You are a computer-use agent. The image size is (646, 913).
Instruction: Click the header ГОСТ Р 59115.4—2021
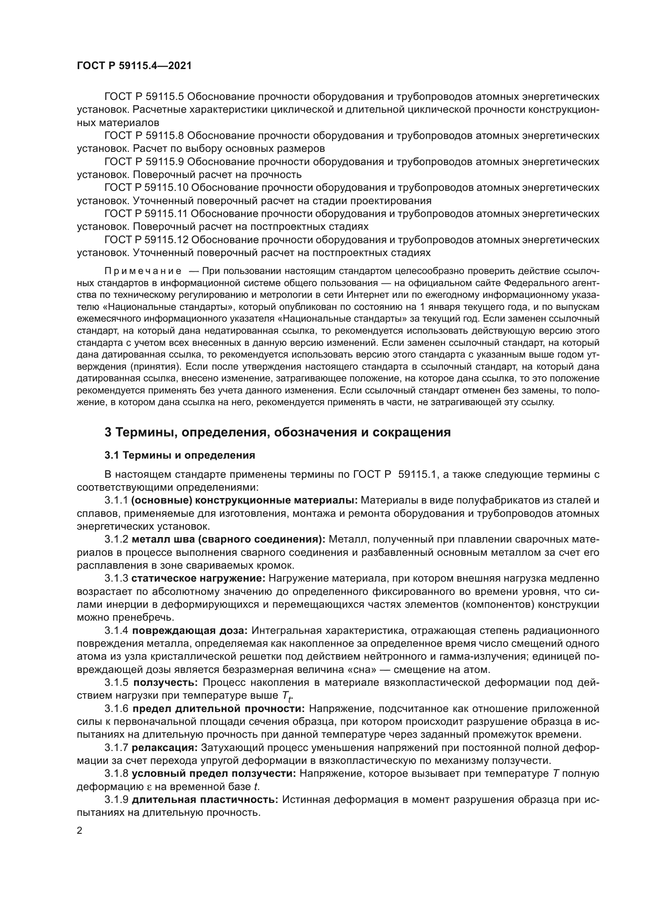pos(134,66)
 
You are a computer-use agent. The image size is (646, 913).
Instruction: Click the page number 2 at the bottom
pos(80,830)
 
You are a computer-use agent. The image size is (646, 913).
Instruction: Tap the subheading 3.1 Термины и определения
pos(180,455)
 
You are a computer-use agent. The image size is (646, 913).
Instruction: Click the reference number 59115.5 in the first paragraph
pos(165,97)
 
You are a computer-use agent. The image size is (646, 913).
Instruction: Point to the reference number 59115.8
pos(165,136)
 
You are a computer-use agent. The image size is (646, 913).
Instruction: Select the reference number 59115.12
pos(167,240)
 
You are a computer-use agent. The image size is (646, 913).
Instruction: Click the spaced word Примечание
pos(143,271)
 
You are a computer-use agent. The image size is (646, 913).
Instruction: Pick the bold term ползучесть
pos(166,683)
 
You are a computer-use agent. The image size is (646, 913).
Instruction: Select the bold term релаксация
pos(165,748)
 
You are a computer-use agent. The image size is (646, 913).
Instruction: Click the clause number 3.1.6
pos(116,709)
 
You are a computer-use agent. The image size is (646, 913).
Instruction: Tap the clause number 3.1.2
pos(116,539)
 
